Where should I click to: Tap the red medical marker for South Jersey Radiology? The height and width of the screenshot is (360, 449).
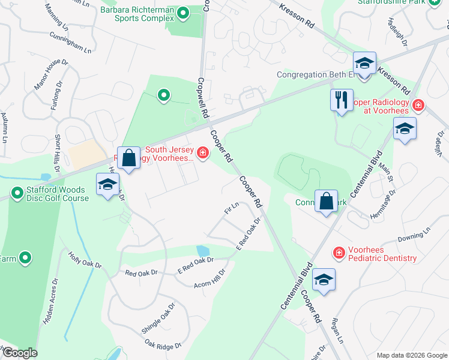tap(203, 154)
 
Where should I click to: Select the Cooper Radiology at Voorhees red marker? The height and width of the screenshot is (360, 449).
tap(418, 106)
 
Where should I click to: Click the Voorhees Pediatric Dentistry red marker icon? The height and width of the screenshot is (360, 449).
tap(339, 253)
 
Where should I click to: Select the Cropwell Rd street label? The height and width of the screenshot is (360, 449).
tap(202, 98)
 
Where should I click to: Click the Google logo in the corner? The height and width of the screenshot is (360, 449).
tap(19, 353)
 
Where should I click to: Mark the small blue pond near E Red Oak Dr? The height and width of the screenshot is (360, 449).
tap(202, 250)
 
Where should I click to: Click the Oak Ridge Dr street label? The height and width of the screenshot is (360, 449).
tap(163, 345)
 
